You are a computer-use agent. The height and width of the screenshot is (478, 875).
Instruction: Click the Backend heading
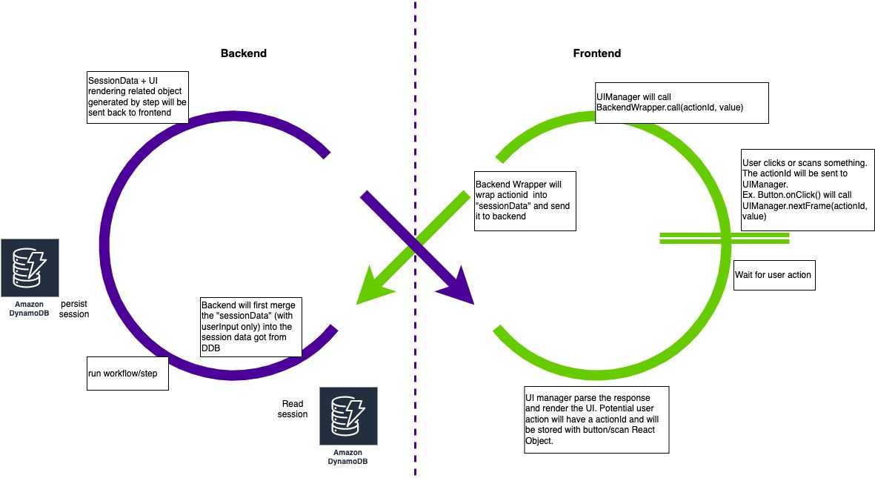[x=243, y=53]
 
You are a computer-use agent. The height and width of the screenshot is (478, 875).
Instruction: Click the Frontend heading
[x=596, y=53]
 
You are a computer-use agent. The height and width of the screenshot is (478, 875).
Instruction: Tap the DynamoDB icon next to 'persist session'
[x=30, y=268]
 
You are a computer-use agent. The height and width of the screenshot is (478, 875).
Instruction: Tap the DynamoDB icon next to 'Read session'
[x=348, y=416]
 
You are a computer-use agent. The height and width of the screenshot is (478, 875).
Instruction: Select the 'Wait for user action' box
[x=773, y=275]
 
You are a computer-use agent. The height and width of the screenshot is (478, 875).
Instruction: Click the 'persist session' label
[x=75, y=309]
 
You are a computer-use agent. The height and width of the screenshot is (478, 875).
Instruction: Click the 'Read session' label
[x=293, y=409]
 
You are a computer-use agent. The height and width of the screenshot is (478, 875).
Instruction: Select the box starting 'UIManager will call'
[x=682, y=102]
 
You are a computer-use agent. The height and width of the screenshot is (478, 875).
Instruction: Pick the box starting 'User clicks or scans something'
[x=807, y=188]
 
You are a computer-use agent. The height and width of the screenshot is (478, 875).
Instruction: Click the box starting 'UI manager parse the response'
[x=596, y=419]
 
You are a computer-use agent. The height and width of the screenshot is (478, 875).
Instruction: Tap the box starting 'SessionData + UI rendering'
[x=137, y=97]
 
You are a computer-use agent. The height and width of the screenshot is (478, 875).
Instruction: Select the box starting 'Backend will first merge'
[x=251, y=328]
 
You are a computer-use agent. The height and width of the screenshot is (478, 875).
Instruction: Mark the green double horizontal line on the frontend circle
[x=723, y=238]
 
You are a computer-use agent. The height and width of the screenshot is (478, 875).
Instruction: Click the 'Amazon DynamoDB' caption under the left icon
[x=30, y=309]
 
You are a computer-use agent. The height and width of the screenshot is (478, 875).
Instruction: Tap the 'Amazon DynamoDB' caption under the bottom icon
[x=348, y=457]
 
